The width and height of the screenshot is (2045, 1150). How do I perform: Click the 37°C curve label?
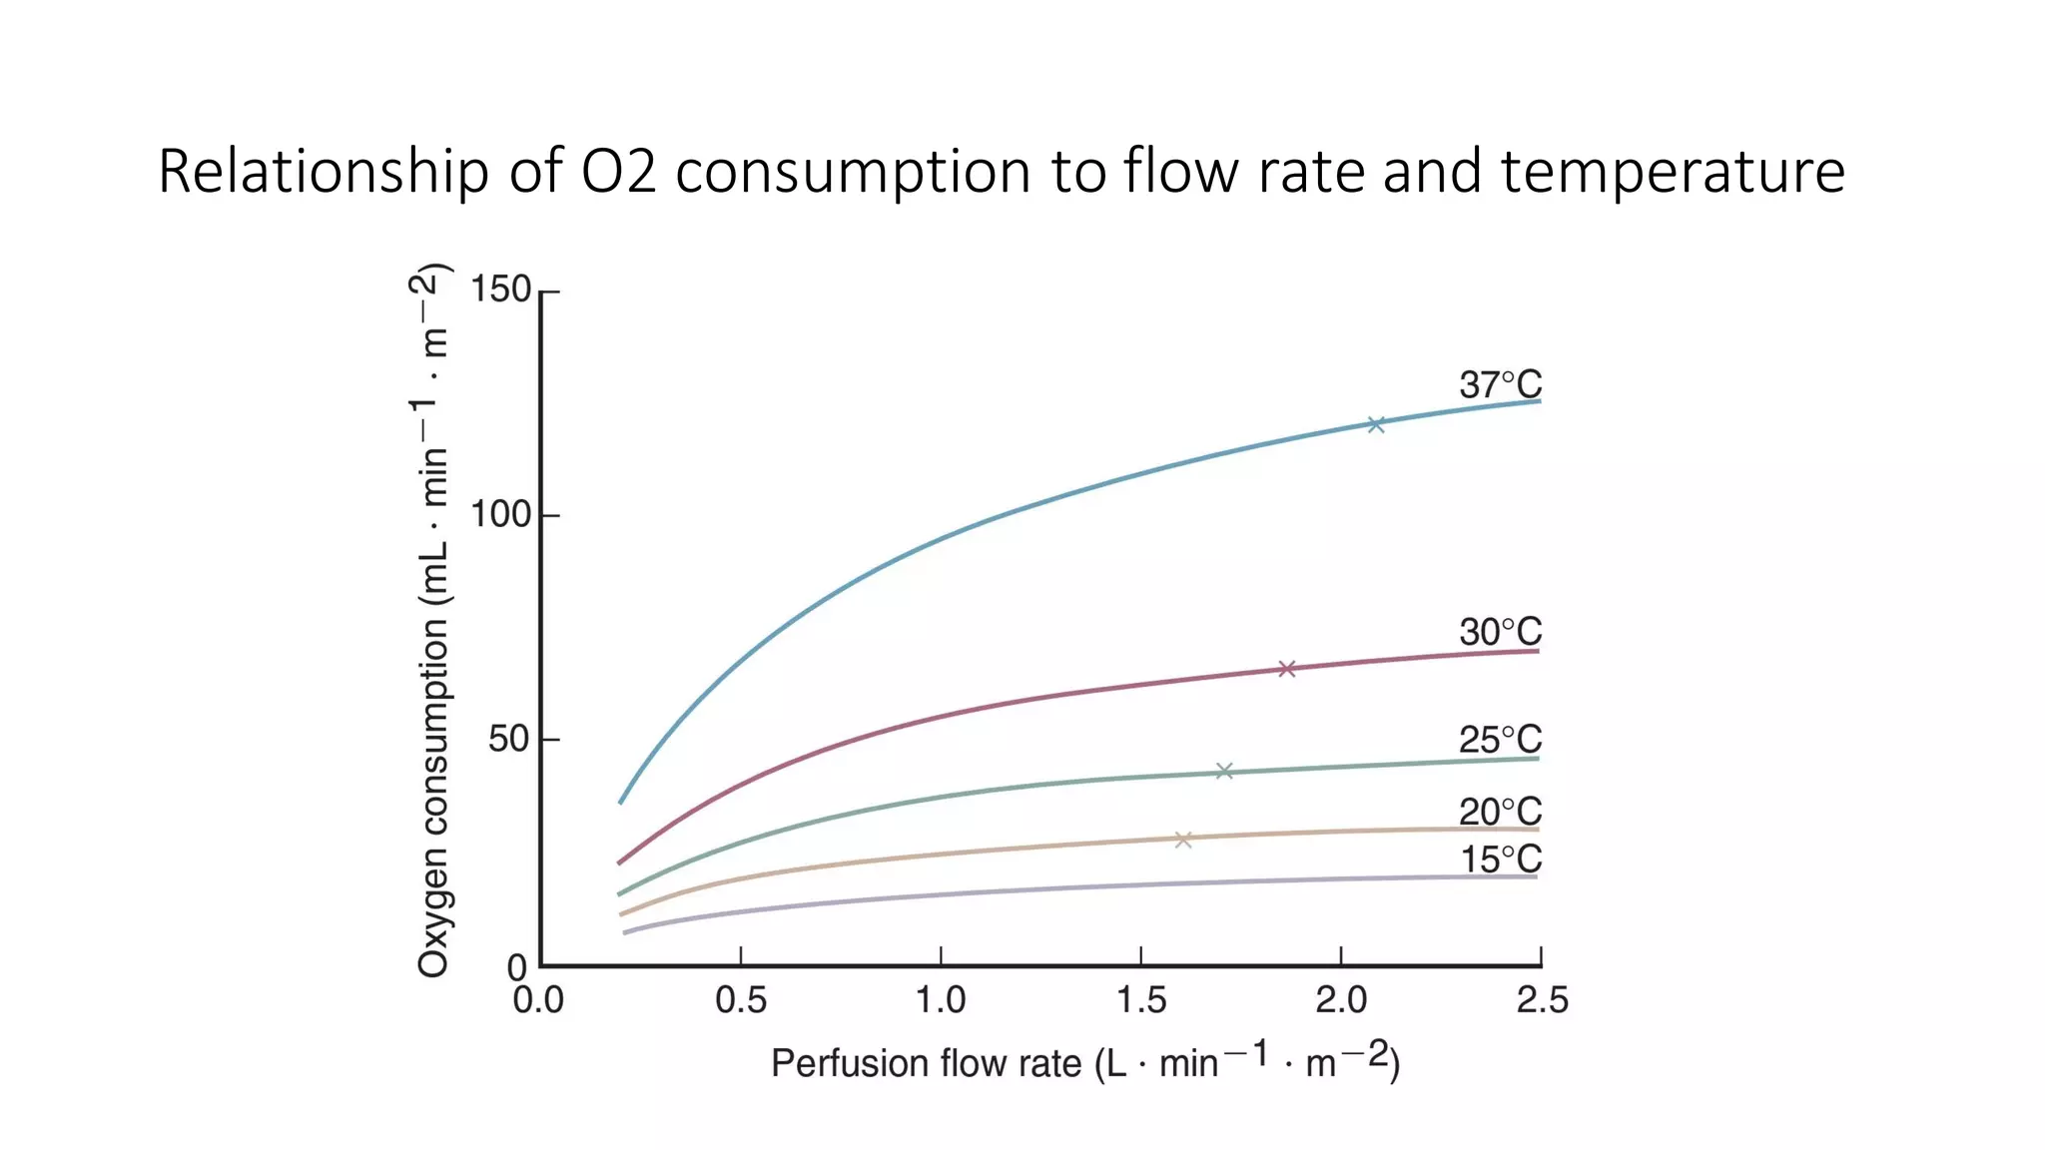(x=1500, y=384)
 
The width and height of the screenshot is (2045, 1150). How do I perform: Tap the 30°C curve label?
(x=1500, y=632)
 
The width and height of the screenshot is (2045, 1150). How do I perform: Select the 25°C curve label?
(x=1500, y=740)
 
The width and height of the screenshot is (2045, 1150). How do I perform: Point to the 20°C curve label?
(x=1500, y=812)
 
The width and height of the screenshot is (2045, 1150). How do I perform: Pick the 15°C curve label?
(x=1501, y=860)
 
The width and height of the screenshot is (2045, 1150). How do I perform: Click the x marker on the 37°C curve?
(x=1376, y=424)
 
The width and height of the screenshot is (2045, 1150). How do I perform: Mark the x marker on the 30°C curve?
(x=1287, y=669)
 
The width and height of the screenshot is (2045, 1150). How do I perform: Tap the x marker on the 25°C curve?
(x=1224, y=771)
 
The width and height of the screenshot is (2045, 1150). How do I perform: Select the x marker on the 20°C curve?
(x=1183, y=841)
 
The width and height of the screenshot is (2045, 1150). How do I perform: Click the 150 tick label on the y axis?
(x=500, y=289)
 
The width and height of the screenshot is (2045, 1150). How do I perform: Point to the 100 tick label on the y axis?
(x=500, y=515)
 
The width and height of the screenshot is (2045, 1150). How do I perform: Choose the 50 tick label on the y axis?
(x=509, y=740)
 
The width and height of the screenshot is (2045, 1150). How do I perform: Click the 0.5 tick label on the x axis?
(x=741, y=1000)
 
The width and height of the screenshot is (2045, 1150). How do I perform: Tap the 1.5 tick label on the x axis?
(x=1141, y=1000)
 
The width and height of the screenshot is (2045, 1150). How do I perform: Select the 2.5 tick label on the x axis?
(x=1542, y=1000)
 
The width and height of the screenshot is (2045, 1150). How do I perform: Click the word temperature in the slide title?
(x=1673, y=171)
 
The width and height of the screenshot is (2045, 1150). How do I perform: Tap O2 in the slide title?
(x=619, y=171)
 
